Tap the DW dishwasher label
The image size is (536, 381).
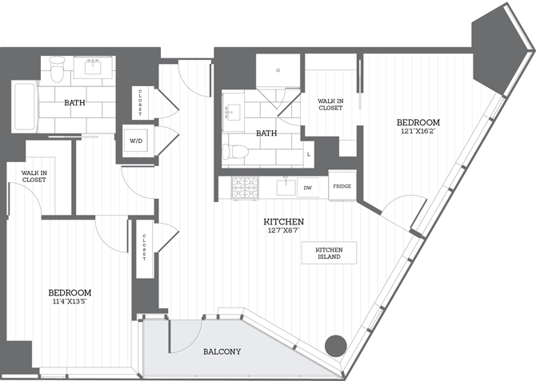coord(307,189)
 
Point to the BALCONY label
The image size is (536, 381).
coord(222,351)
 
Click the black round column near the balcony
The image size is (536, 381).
coord(335,346)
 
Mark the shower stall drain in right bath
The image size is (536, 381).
coord(278,70)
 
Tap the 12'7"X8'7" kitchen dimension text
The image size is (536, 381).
coord(284,232)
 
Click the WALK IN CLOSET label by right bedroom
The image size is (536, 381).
coord(331,105)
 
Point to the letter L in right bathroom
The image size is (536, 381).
coord(309,153)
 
